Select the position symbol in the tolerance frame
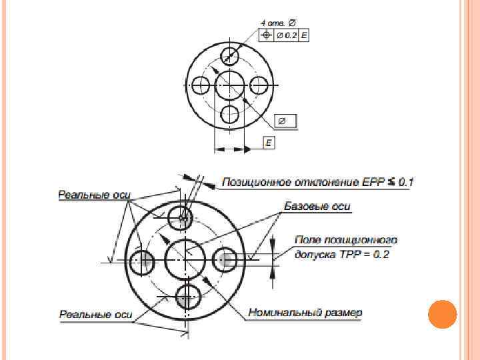267,35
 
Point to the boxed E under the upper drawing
268,143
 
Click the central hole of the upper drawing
229,85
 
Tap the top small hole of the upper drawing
229,55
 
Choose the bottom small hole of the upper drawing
229,114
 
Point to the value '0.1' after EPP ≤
407,181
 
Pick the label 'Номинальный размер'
305,311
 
